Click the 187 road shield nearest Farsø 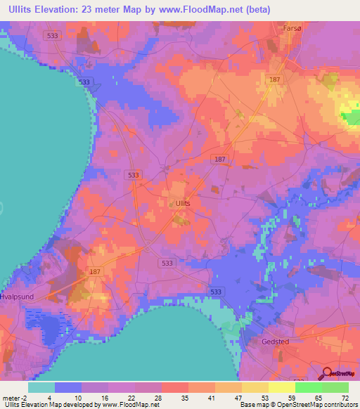click(x=274, y=80)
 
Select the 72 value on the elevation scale click(x=345, y=398)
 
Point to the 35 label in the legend click(x=184, y=398)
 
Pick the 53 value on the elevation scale click(x=264, y=398)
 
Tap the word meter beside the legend click(x=11, y=398)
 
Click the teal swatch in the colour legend click(x=41, y=387)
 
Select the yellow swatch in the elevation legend click(x=281, y=387)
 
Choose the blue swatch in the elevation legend click(x=68, y=387)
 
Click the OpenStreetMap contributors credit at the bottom click(x=310, y=405)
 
